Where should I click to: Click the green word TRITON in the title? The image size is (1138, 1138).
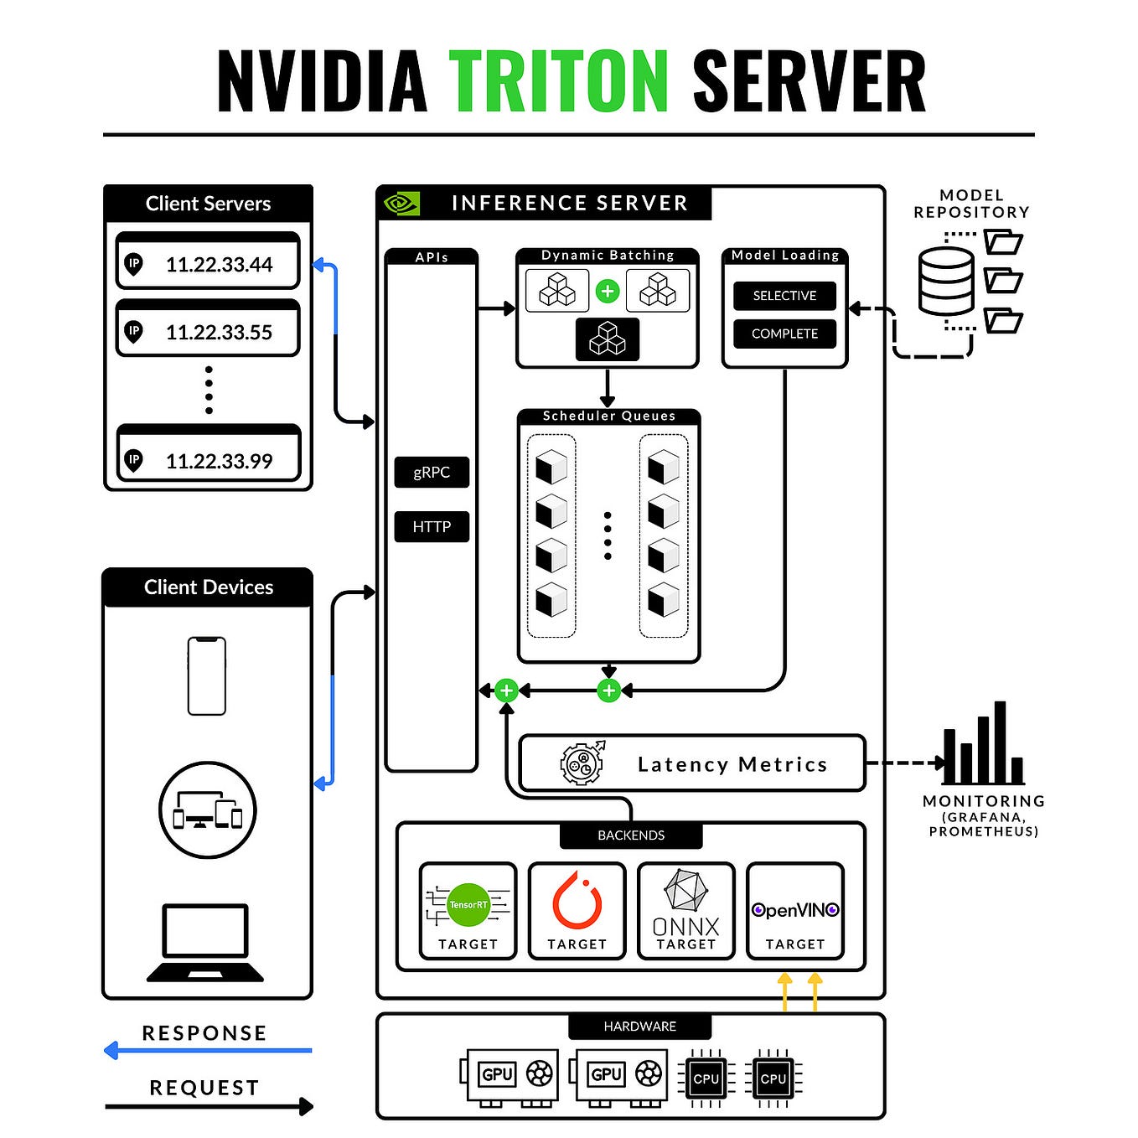click(x=558, y=80)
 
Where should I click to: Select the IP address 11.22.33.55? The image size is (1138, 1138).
click(x=219, y=333)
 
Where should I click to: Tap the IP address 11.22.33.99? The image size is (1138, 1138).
click(x=219, y=461)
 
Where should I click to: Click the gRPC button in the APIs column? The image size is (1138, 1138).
click(x=432, y=473)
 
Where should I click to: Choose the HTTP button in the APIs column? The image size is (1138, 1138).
click(x=432, y=527)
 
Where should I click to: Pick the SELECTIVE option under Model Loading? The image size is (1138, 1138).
click(x=784, y=296)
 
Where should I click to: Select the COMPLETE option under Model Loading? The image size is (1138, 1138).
click(x=784, y=334)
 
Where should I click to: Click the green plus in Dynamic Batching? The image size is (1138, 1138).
click(x=608, y=291)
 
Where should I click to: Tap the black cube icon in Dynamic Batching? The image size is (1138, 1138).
click(x=608, y=339)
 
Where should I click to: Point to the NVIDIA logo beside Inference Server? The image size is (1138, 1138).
click(x=401, y=204)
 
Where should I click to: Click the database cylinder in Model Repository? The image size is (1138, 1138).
click(x=946, y=282)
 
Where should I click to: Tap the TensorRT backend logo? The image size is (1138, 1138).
click(x=468, y=905)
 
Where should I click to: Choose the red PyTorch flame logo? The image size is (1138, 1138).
click(x=577, y=901)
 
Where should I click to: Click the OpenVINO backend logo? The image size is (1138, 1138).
click(x=794, y=910)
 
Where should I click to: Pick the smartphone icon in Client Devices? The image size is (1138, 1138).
click(x=207, y=676)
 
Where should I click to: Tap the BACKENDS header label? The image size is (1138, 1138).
click(x=631, y=835)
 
